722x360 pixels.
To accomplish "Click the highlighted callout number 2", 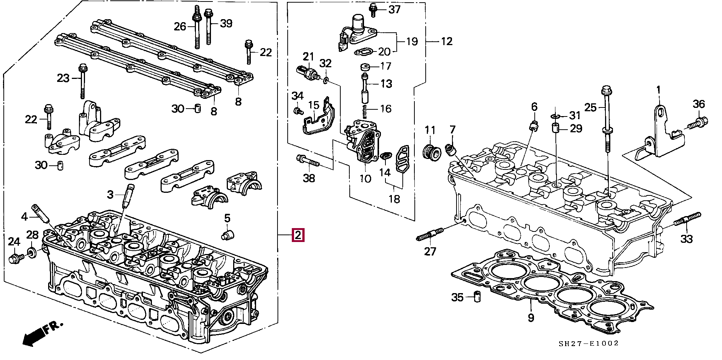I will click(x=297, y=235).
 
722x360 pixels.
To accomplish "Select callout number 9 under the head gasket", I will click(x=531, y=318).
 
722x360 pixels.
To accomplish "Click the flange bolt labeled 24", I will click(x=15, y=258).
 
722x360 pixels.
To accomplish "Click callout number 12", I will click(x=446, y=41).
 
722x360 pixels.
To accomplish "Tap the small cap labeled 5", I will click(x=228, y=236).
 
